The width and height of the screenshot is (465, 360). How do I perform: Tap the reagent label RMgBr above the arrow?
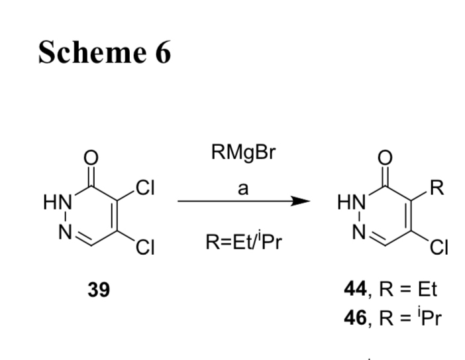pyautogui.click(x=243, y=154)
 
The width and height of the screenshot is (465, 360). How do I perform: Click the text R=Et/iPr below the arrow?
pyautogui.click(x=243, y=242)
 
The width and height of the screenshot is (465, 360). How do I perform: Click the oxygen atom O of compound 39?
pyautogui.click(x=92, y=157)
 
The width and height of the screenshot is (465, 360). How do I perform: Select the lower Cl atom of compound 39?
pyautogui.click(x=144, y=249)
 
